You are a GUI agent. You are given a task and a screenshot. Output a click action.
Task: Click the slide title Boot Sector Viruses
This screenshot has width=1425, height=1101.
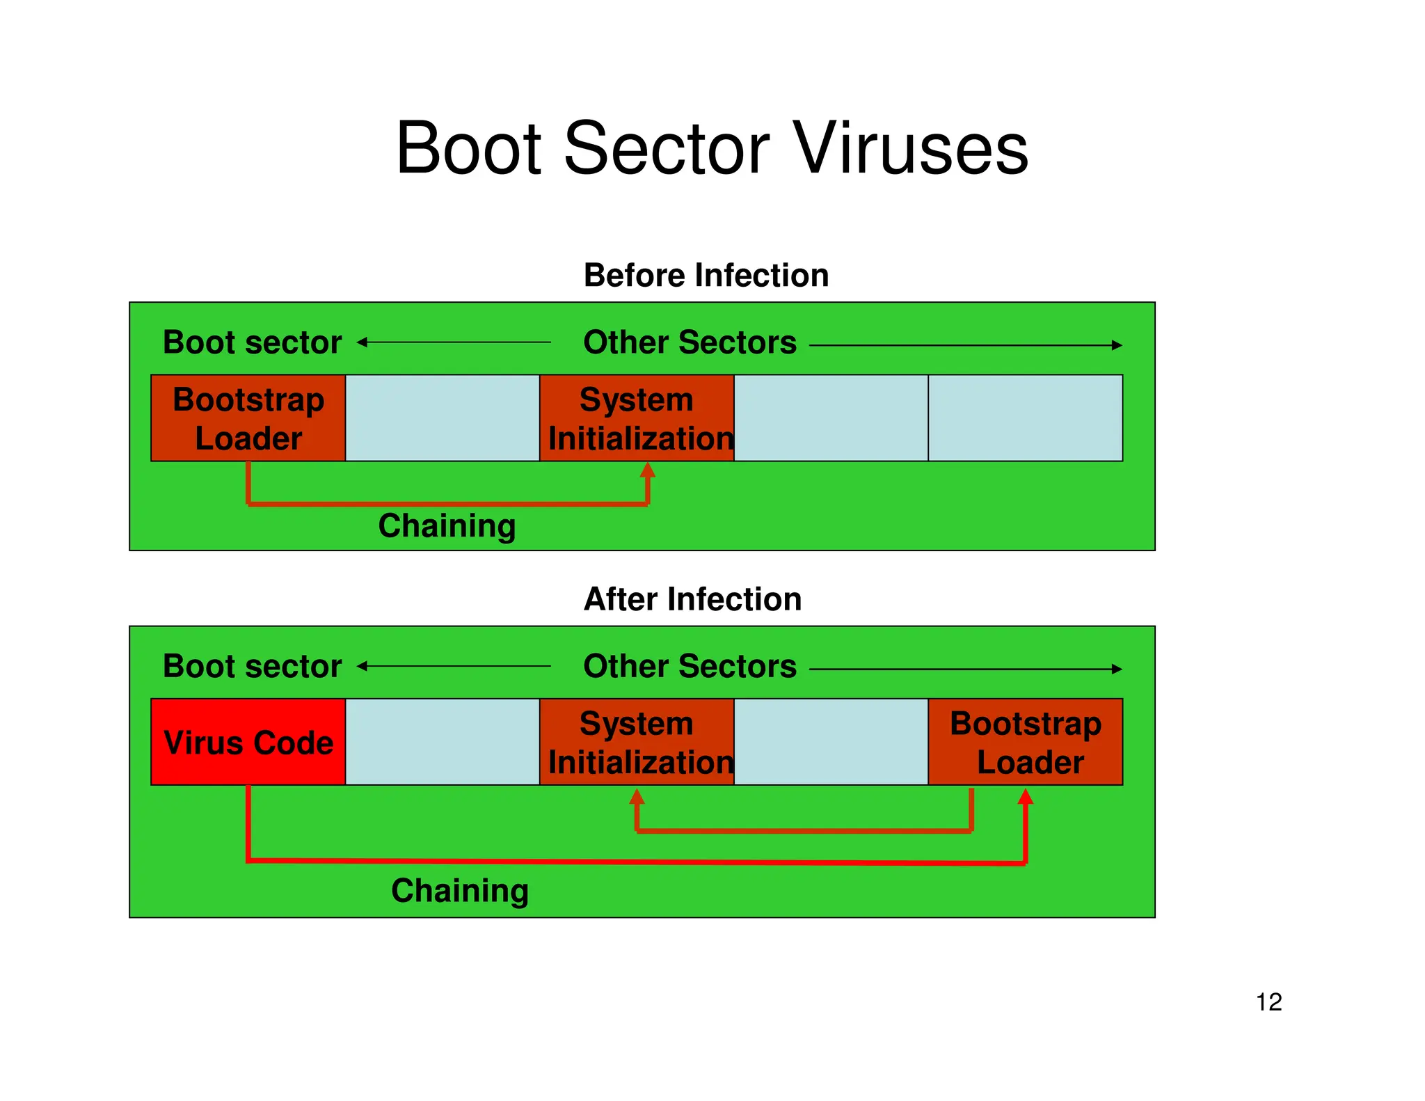[x=712, y=148]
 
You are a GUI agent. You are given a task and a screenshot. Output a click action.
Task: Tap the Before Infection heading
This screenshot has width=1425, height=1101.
[x=706, y=276]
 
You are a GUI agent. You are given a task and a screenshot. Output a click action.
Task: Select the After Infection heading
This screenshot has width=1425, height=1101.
[x=692, y=599]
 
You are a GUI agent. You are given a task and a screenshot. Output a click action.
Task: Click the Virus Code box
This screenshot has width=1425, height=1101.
[x=248, y=742]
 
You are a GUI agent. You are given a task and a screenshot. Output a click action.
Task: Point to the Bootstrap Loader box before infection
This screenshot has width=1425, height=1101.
[x=248, y=418]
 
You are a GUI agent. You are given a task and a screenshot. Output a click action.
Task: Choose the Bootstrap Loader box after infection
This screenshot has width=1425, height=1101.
[x=1026, y=742]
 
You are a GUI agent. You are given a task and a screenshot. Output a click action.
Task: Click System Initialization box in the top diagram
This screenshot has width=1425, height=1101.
[x=637, y=418]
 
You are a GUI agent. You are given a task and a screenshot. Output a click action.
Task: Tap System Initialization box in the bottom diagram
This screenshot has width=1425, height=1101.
[x=637, y=742]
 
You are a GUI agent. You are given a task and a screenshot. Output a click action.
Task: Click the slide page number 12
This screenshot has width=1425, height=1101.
[x=1268, y=1002]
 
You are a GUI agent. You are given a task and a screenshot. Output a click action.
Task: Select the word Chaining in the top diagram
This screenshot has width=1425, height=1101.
[x=447, y=525]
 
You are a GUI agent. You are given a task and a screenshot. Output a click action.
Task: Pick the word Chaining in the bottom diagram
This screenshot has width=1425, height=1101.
[x=460, y=891]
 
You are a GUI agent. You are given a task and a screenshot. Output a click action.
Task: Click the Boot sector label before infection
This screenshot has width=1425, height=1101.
[x=252, y=342]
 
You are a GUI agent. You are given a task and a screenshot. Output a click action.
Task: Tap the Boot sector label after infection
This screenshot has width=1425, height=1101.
[x=252, y=667]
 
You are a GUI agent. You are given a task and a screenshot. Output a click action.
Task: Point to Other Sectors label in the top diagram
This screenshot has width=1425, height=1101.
[x=690, y=342]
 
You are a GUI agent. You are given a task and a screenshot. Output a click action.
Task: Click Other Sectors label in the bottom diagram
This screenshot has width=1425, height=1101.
[x=690, y=667]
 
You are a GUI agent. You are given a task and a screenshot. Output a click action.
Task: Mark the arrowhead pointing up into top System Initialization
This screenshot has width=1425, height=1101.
[x=648, y=470]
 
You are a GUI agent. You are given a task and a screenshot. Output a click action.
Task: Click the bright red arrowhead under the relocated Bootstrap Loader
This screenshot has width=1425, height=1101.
[x=1026, y=796]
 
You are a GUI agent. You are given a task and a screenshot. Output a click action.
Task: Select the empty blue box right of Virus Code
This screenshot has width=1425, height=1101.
[x=443, y=742]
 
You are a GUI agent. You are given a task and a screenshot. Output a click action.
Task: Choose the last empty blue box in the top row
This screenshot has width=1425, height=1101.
[x=1026, y=418]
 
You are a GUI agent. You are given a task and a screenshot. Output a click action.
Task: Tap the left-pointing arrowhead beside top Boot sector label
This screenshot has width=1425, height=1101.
[x=362, y=342]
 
